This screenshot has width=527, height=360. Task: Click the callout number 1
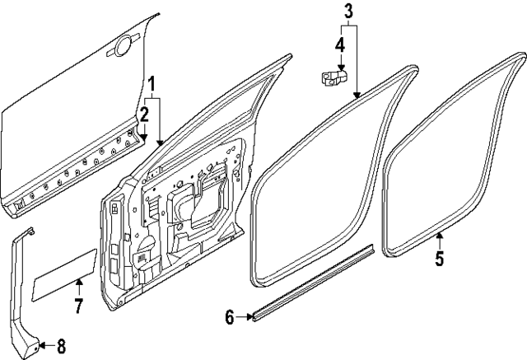coord(152,84)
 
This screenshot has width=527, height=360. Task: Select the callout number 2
coord(143,114)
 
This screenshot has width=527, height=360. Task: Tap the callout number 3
coord(347,12)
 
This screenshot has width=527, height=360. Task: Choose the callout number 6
coord(230,316)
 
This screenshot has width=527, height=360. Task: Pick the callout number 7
coord(79,307)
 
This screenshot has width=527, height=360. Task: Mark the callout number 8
coord(60,347)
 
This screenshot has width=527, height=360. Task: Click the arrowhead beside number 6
coord(249,315)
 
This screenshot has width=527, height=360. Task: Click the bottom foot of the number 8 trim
coord(30,346)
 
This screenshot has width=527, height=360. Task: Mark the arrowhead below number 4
coord(340,68)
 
